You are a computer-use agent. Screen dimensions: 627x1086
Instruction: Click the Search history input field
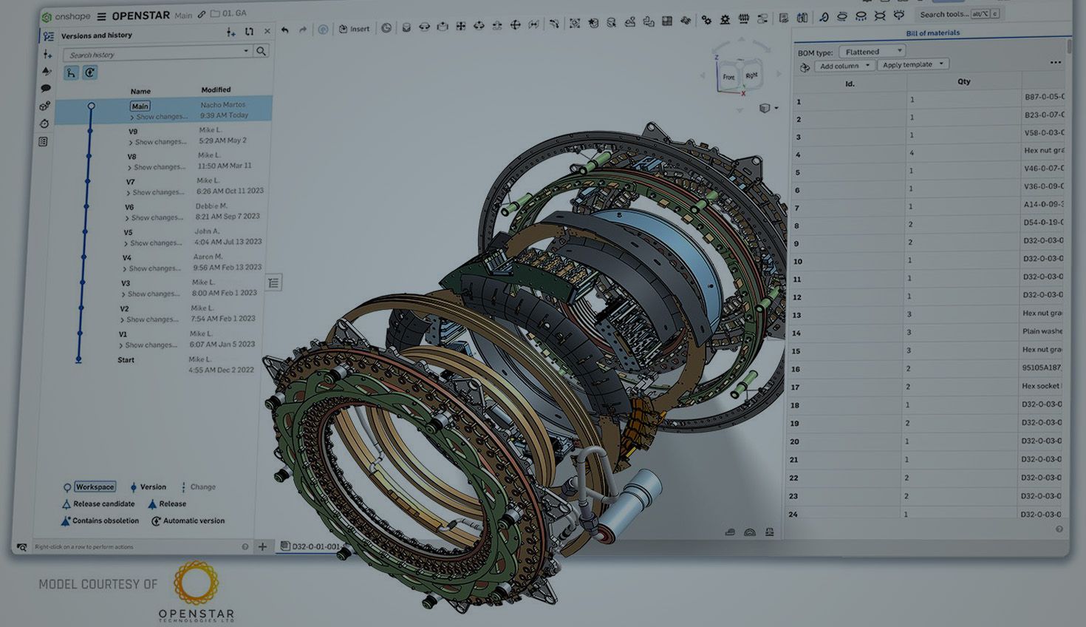pos(155,54)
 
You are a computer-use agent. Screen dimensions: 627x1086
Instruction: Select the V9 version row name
pos(133,132)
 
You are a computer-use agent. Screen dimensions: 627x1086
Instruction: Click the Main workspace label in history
pos(140,106)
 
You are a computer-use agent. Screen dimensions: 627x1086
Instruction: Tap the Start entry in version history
pos(126,360)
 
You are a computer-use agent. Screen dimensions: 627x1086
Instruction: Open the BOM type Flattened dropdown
pos(872,52)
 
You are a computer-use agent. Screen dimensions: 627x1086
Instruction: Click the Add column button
pos(844,66)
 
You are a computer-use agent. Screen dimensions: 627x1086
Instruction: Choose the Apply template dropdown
pos(912,64)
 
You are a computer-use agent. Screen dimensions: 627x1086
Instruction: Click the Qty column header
pos(963,81)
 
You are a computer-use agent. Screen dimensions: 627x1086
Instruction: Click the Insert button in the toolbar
pos(355,29)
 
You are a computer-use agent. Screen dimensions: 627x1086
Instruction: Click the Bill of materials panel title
pos(932,33)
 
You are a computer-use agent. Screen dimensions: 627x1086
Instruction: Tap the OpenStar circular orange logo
pos(196,583)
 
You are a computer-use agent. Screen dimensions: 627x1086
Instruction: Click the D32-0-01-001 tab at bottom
pos(315,546)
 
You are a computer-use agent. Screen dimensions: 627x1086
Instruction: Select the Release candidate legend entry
pos(103,504)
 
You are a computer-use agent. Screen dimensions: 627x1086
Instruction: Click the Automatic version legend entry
pos(193,521)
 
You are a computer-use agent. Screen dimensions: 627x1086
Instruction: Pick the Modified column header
pos(216,89)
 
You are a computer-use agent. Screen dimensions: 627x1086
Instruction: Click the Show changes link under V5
pos(156,243)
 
